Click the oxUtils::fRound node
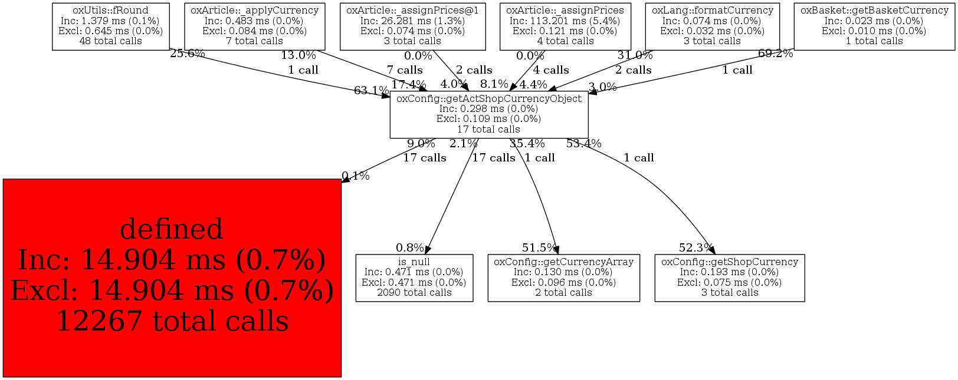[111, 26]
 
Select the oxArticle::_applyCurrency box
[254, 26]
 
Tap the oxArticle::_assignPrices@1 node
[412, 26]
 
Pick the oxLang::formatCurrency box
[712, 26]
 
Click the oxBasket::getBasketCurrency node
[874, 26]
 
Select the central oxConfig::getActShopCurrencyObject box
[488, 114]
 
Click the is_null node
[414, 277]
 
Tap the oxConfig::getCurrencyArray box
[563, 277]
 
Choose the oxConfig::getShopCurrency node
[729, 277]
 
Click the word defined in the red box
[172, 229]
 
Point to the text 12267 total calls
[172, 321]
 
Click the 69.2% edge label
[775, 54]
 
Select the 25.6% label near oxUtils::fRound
[187, 54]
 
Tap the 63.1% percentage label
[371, 91]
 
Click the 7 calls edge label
[405, 70]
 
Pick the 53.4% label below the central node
[583, 144]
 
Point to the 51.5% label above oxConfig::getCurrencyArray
[539, 248]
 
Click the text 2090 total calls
[414, 293]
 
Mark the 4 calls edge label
[551, 70]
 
